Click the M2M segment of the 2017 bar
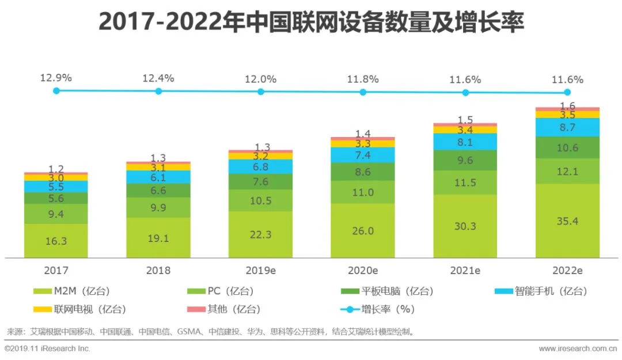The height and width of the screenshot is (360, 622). (56, 241)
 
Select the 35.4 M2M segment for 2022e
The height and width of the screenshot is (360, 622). (567, 221)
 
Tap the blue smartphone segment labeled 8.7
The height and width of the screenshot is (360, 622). (567, 127)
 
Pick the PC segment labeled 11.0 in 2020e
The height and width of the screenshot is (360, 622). (363, 192)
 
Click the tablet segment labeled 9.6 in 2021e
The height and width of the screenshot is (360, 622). (465, 161)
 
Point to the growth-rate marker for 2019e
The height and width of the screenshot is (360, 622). (260, 92)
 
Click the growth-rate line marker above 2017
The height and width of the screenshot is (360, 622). (56, 91)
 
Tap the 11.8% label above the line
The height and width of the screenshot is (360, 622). (363, 79)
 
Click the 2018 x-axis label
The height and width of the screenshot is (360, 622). (158, 270)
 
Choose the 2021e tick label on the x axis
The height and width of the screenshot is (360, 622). (465, 270)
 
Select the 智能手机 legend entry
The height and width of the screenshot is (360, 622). (541, 291)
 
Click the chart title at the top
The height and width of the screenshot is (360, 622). (311, 22)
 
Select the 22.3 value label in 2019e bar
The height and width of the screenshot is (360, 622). (260, 234)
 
